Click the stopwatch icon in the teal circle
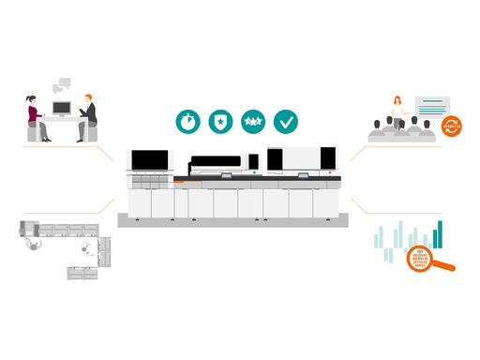coord(187,120)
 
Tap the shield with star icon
coord(220,120)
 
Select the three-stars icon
coord(252,120)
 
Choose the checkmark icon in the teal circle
coord(285,120)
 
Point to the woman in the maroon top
coord(33,114)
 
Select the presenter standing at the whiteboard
coord(397,108)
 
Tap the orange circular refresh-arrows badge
coord(453,126)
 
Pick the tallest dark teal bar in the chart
coord(438,234)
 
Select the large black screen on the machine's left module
coord(150,160)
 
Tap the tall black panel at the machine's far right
coord(275,159)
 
